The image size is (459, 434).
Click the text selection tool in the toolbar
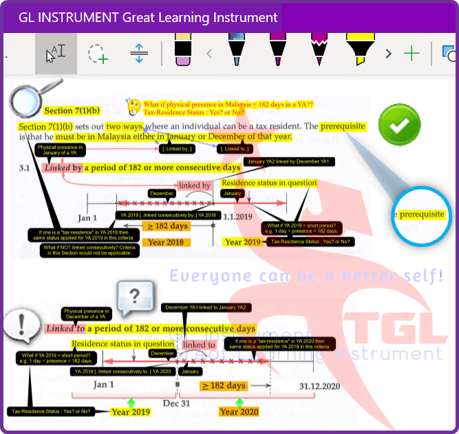click(x=56, y=54)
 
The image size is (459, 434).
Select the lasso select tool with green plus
click(x=97, y=54)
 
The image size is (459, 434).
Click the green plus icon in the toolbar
click(x=412, y=53)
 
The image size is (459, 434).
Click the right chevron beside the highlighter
click(x=388, y=53)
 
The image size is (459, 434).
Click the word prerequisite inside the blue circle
click(x=422, y=215)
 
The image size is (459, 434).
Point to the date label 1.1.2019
click(x=245, y=217)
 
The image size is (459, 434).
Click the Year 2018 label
click(x=165, y=241)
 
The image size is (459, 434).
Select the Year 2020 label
click(x=239, y=411)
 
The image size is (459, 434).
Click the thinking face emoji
click(x=134, y=106)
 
